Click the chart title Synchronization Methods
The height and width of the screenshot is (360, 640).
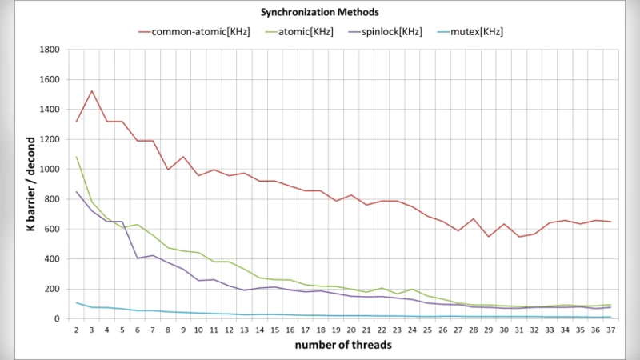click(x=319, y=13)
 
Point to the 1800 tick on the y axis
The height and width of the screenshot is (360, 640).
click(x=50, y=50)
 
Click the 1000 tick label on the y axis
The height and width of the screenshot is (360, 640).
click(x=50, y=170)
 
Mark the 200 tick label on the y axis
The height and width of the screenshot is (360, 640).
click(x=53, y=289)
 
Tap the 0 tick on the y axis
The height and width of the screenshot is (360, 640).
click(x=58, y=319)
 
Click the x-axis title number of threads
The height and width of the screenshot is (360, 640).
click(x=343, y=345)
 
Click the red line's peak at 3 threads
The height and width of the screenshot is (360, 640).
click(x=92, y=91)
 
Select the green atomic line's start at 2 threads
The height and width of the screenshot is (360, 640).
click(x=77, y=157)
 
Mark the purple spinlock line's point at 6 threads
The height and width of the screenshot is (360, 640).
click(x=138, y=258)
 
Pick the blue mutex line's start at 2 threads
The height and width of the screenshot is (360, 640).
click(x=77, y=302)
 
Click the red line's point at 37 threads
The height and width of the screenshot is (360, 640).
click(x=610, y=222)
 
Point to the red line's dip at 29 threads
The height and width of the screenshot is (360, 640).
click(x=488, y=237)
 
